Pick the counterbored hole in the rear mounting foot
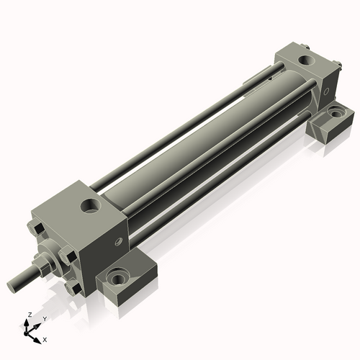coord(336,113)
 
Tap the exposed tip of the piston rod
coord(13,285)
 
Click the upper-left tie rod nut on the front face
coord(37,229)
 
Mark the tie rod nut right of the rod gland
coord(68,254)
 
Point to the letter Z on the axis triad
coord(28,315)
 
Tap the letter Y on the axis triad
coord(45,318)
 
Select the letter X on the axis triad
coord(45,338)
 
